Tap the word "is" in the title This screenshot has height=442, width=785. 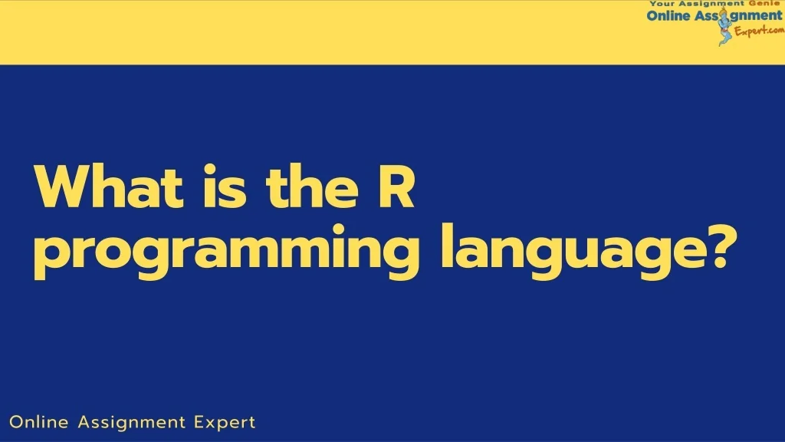[x=218, y=187]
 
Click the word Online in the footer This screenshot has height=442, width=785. [x=38, y=422]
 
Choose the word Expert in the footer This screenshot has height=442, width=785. [x=225, y=423]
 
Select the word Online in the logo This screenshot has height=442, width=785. [x=668, y=16]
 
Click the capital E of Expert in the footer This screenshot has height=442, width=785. [x=199, y=422]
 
